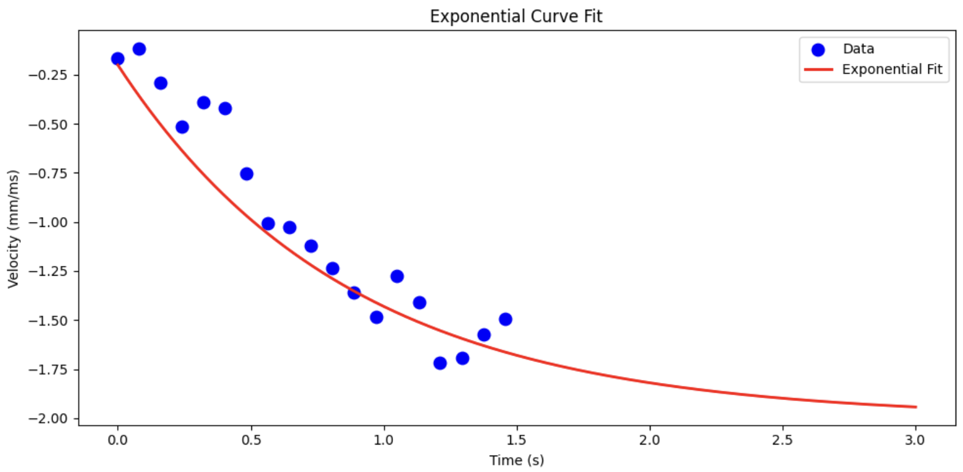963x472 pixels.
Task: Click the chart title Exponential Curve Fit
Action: click(x=516, y=16)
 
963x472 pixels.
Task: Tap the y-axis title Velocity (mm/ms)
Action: click(x=13, y=229)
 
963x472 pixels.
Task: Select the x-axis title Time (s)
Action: click(x=516, y=460)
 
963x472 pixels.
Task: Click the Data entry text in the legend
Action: click(x=858, y=49)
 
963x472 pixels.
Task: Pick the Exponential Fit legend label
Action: click(x=892, y=70)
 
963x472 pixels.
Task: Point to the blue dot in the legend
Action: click(x=818, y=50)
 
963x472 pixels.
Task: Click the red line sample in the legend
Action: click(x=818, y=70)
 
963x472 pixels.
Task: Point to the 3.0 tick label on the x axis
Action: click(x=915, y=440)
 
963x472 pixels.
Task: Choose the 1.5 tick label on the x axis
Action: click(x=517, y=440)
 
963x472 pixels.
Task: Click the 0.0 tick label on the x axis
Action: click(x=118, y=440)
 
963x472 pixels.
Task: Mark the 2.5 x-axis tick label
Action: click(x=782, y=440)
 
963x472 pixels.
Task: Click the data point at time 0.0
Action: click(x=118, y=59)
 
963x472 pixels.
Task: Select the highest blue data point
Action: click(x=139, y=49)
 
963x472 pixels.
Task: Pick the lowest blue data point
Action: click(x=440, y=363)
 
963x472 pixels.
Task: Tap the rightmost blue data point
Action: click(x=505, y=319)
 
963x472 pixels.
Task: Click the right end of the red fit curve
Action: click(x=916, y=407)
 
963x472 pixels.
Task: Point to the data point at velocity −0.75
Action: click(x=247, y=174)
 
